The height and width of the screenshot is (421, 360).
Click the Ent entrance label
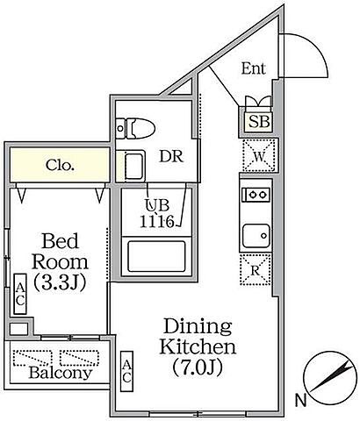[254, 68]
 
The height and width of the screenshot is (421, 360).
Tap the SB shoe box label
[259, 121]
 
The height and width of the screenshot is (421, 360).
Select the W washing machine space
[259, 155]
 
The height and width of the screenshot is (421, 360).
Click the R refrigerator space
[256, 269]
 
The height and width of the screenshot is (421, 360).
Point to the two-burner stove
[256, 194]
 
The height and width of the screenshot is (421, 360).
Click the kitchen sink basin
[256, 236]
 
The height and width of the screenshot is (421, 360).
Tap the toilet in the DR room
[135, 128]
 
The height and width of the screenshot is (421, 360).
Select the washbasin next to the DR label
[134, 167]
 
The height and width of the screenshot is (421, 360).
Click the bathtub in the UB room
[156, 256]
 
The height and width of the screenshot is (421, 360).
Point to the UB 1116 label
[157, 213]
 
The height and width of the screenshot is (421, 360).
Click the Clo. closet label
[60, 166]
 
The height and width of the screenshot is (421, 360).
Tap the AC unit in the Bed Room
[20, 294]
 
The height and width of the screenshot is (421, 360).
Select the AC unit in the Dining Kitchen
[126, 371]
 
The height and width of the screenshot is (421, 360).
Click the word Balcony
[61, 373]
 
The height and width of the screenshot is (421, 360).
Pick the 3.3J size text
[60, 282]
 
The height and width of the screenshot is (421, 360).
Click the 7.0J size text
[198, 367]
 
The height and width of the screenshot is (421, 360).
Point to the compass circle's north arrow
[331, 376]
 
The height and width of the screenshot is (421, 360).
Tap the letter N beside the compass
[300, 400]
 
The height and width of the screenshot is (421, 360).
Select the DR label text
[171, 156]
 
